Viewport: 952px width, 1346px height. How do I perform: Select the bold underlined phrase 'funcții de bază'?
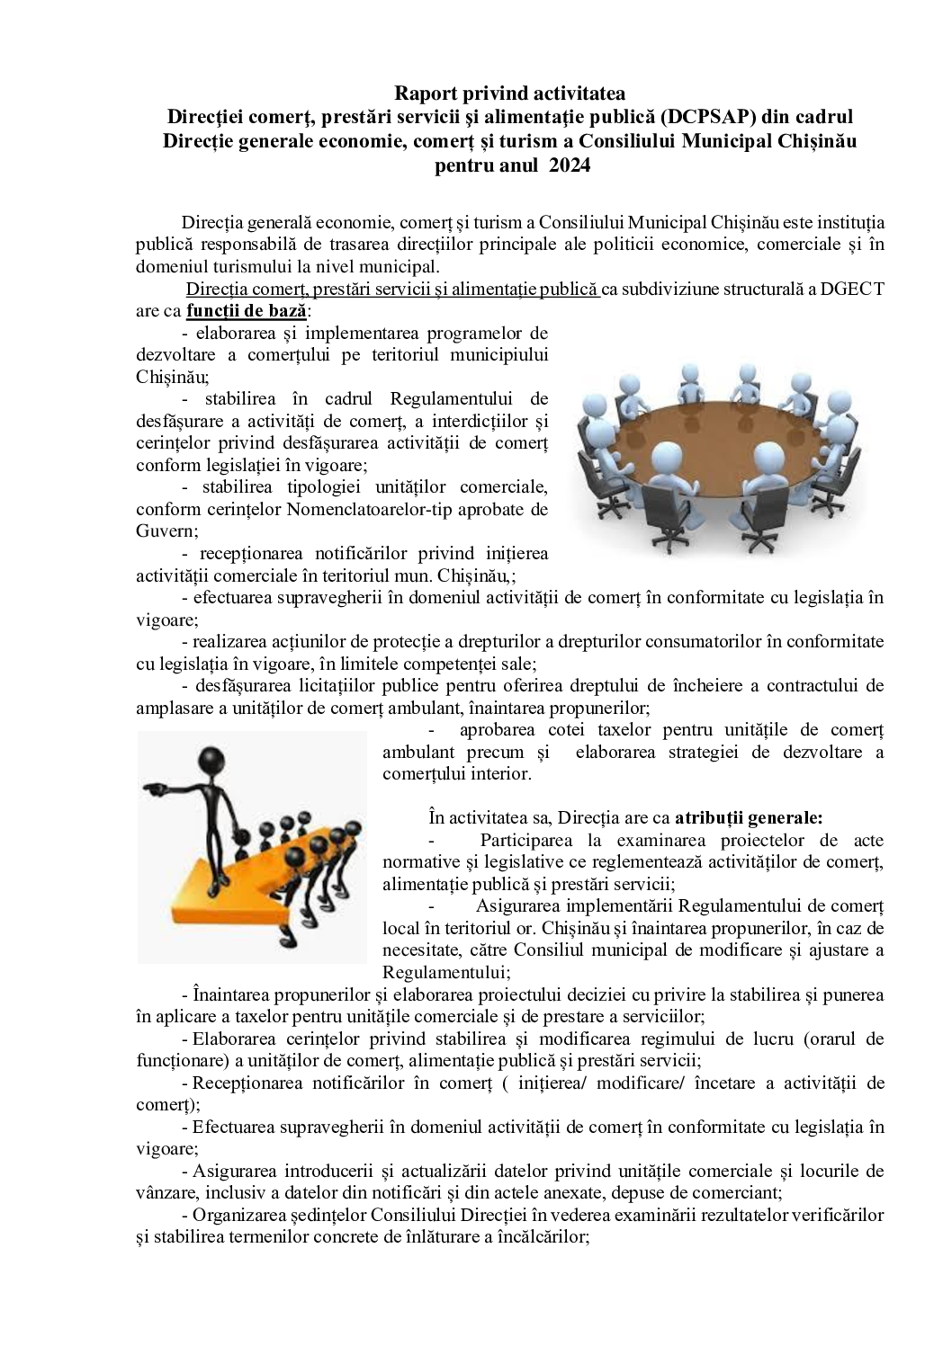247,311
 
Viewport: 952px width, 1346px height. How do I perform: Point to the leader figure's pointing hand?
154,789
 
